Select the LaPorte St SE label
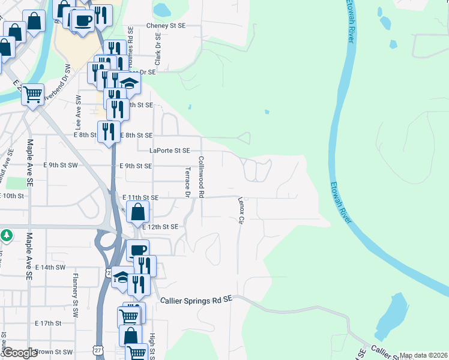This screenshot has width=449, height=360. (x=170, y=151)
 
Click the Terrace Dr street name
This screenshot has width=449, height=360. (x=187, y=182)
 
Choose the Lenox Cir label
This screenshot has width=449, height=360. (x=240, y=211)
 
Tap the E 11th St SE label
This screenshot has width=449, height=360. (x=140, y=197)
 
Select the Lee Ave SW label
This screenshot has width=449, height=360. (x=78, y=112)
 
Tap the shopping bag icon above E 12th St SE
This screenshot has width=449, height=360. (x=138, y=212)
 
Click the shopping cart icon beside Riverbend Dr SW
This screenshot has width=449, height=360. (x=33, y=94)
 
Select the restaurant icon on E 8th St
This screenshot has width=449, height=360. (x=109, y=131)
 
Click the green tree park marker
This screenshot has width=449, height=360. (x=6, y=235)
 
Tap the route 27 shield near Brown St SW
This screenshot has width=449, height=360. (x=98, y=349)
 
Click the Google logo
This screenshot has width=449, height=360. (x=19, y=353)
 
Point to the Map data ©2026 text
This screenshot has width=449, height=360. (x=423, y=355)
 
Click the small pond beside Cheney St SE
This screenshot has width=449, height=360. (x=161, y=10)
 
